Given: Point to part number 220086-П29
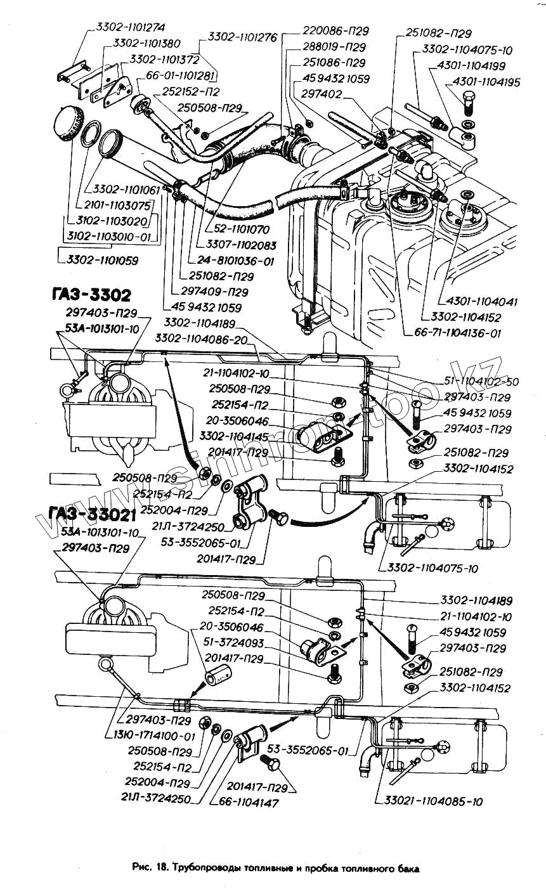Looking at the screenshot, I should point(335,31).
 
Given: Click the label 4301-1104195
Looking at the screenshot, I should point(486,82).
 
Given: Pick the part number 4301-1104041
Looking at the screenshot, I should point(478,302).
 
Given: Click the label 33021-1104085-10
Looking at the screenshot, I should point(434,801).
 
